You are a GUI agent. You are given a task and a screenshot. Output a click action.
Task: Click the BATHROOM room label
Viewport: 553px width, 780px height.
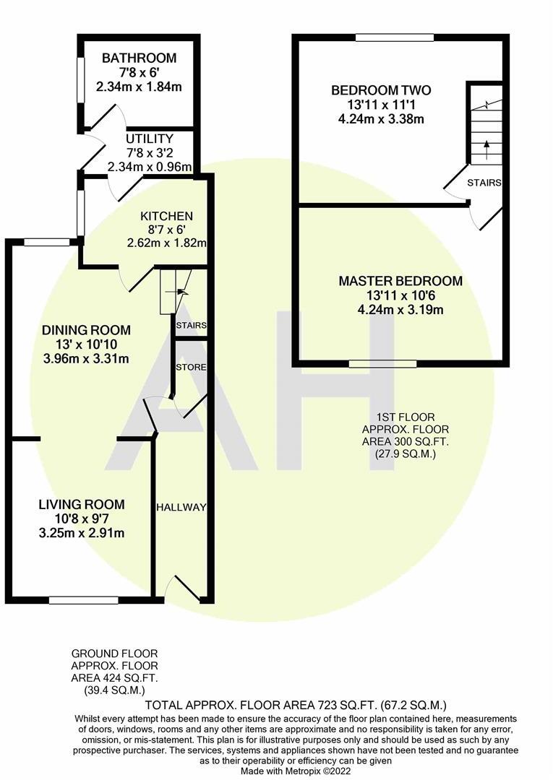139,58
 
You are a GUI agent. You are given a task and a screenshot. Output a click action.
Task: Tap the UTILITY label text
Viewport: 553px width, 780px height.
149,139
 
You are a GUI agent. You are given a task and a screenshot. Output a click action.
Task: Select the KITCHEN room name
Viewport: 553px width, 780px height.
166,216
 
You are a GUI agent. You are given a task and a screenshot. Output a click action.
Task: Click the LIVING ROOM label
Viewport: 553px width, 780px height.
81,504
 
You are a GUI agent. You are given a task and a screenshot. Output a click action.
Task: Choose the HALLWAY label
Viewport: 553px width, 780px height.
181,508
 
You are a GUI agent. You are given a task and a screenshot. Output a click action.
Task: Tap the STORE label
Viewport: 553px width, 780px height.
192,368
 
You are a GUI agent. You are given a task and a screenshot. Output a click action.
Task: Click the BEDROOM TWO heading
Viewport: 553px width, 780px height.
381,90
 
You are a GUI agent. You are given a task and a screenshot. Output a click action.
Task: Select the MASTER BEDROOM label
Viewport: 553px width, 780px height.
400,281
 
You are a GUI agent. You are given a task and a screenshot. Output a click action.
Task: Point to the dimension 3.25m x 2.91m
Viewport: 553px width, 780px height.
81,534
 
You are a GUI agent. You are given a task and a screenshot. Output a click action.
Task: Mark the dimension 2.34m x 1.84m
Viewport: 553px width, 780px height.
139,87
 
